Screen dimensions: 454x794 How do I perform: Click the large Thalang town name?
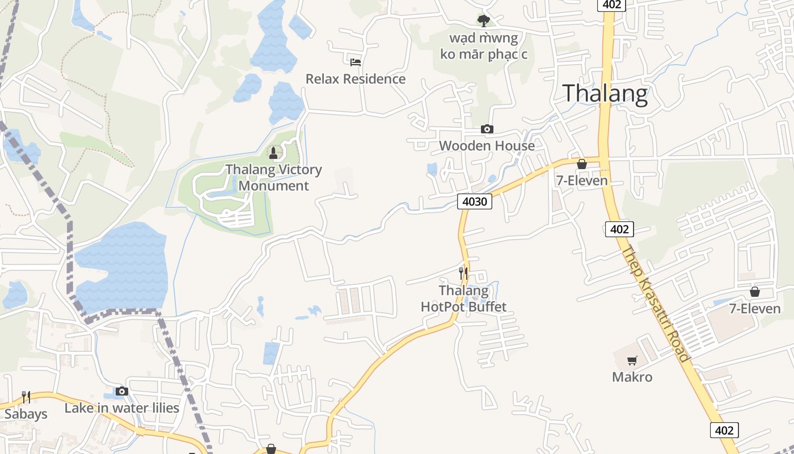[x=605, y=94]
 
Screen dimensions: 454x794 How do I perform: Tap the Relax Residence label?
[x=356, y=79]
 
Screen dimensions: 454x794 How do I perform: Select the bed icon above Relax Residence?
[x=356, y=61]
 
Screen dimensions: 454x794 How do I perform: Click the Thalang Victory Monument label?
[x=274, y=178]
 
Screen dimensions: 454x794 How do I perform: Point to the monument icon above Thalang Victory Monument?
[x=273, y=153]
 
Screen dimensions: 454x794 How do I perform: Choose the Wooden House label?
[x=487, y=146]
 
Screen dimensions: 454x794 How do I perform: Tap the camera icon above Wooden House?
[x=487, y=129]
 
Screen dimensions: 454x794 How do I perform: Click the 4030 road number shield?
[x=475, y=201]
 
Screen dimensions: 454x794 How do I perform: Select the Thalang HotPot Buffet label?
[x=463, y=299]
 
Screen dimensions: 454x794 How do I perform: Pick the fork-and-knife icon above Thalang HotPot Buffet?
[x=463, y=274]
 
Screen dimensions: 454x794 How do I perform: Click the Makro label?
[x=632, y=377]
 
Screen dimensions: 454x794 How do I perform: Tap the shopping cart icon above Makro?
[x=632, y=360]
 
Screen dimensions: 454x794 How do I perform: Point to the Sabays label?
[x=26, y=414]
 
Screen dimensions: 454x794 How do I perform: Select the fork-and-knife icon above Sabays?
[x=26, y=397]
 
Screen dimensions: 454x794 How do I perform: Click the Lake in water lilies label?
[x=122, y=408]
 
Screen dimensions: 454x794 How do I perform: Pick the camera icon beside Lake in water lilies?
[x=122, y=391]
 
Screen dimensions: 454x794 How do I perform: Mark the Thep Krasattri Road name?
[x=656, y=303]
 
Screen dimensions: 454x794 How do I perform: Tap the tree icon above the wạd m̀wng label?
[x=483, y=22]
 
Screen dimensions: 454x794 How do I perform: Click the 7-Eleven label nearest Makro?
[x=755, y=309]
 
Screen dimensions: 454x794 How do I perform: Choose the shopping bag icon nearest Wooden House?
[x=582, y=165]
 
